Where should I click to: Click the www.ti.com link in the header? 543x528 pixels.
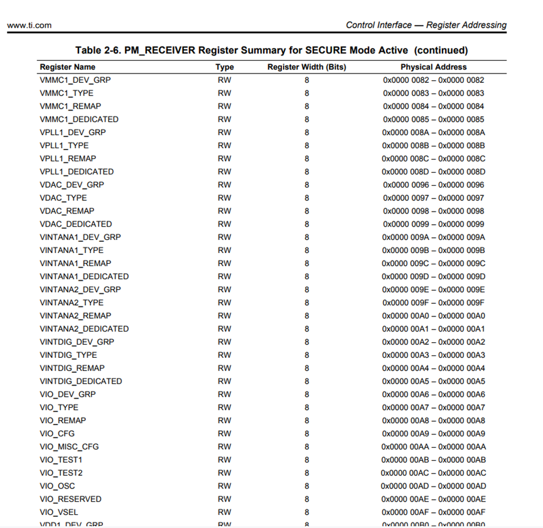(29, 25)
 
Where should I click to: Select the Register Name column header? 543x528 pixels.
(68, 67)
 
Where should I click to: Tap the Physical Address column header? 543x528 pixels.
(433, 67)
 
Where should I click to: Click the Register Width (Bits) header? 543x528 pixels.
(307, 67)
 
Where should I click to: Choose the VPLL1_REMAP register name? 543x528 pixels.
(68, 158)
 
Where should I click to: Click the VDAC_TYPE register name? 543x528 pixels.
(63, 198)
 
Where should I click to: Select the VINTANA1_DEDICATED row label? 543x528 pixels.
(84, 276)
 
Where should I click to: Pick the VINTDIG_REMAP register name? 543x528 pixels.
(72, 368)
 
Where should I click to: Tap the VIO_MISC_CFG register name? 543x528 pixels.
(69, 446)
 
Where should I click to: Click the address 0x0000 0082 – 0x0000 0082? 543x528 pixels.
(433, 80)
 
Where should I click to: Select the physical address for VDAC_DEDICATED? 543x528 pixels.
(433, 224)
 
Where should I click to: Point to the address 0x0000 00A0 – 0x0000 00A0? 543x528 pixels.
(433, 316)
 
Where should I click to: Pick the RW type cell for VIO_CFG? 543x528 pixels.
(224, 433)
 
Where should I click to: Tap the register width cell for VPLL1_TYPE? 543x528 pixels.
(307, 145)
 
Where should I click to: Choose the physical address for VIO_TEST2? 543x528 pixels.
(433, 473)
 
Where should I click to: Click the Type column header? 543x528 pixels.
(224, 67)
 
